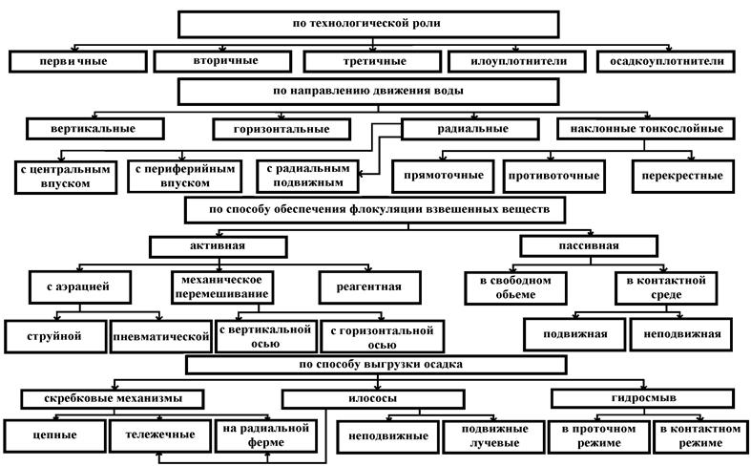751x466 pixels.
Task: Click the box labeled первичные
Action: (x=78, y=61)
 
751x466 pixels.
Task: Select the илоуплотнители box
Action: (x=517, y=61)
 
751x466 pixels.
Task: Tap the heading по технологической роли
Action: (x=367, y=24)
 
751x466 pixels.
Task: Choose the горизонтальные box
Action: (x=282, y=129)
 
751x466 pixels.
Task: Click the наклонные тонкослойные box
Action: (x=646, y=129)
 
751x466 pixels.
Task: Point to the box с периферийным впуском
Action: (x=185, y=176)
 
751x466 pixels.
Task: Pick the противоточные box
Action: (x=554, y=176)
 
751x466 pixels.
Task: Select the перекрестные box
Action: (x=682, y=176)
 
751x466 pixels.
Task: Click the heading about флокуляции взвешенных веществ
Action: (x=375, y=209)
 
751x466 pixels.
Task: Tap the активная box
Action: (x=218, y=246)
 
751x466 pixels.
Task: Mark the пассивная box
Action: (x=589, y=246)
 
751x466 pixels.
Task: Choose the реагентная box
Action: (x=369, y=287)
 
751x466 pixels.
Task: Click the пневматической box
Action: (x=161, y=336)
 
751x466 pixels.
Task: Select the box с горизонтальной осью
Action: (x=383, y=336)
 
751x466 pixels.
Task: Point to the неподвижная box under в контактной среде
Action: (x=681, y=334)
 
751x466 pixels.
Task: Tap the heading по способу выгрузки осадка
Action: (x=376, y=365)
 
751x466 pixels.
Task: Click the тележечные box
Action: (x=160, y=435)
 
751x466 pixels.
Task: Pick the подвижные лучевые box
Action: (x=493, y=436)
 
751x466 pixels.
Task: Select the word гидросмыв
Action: (x=644, y=397)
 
